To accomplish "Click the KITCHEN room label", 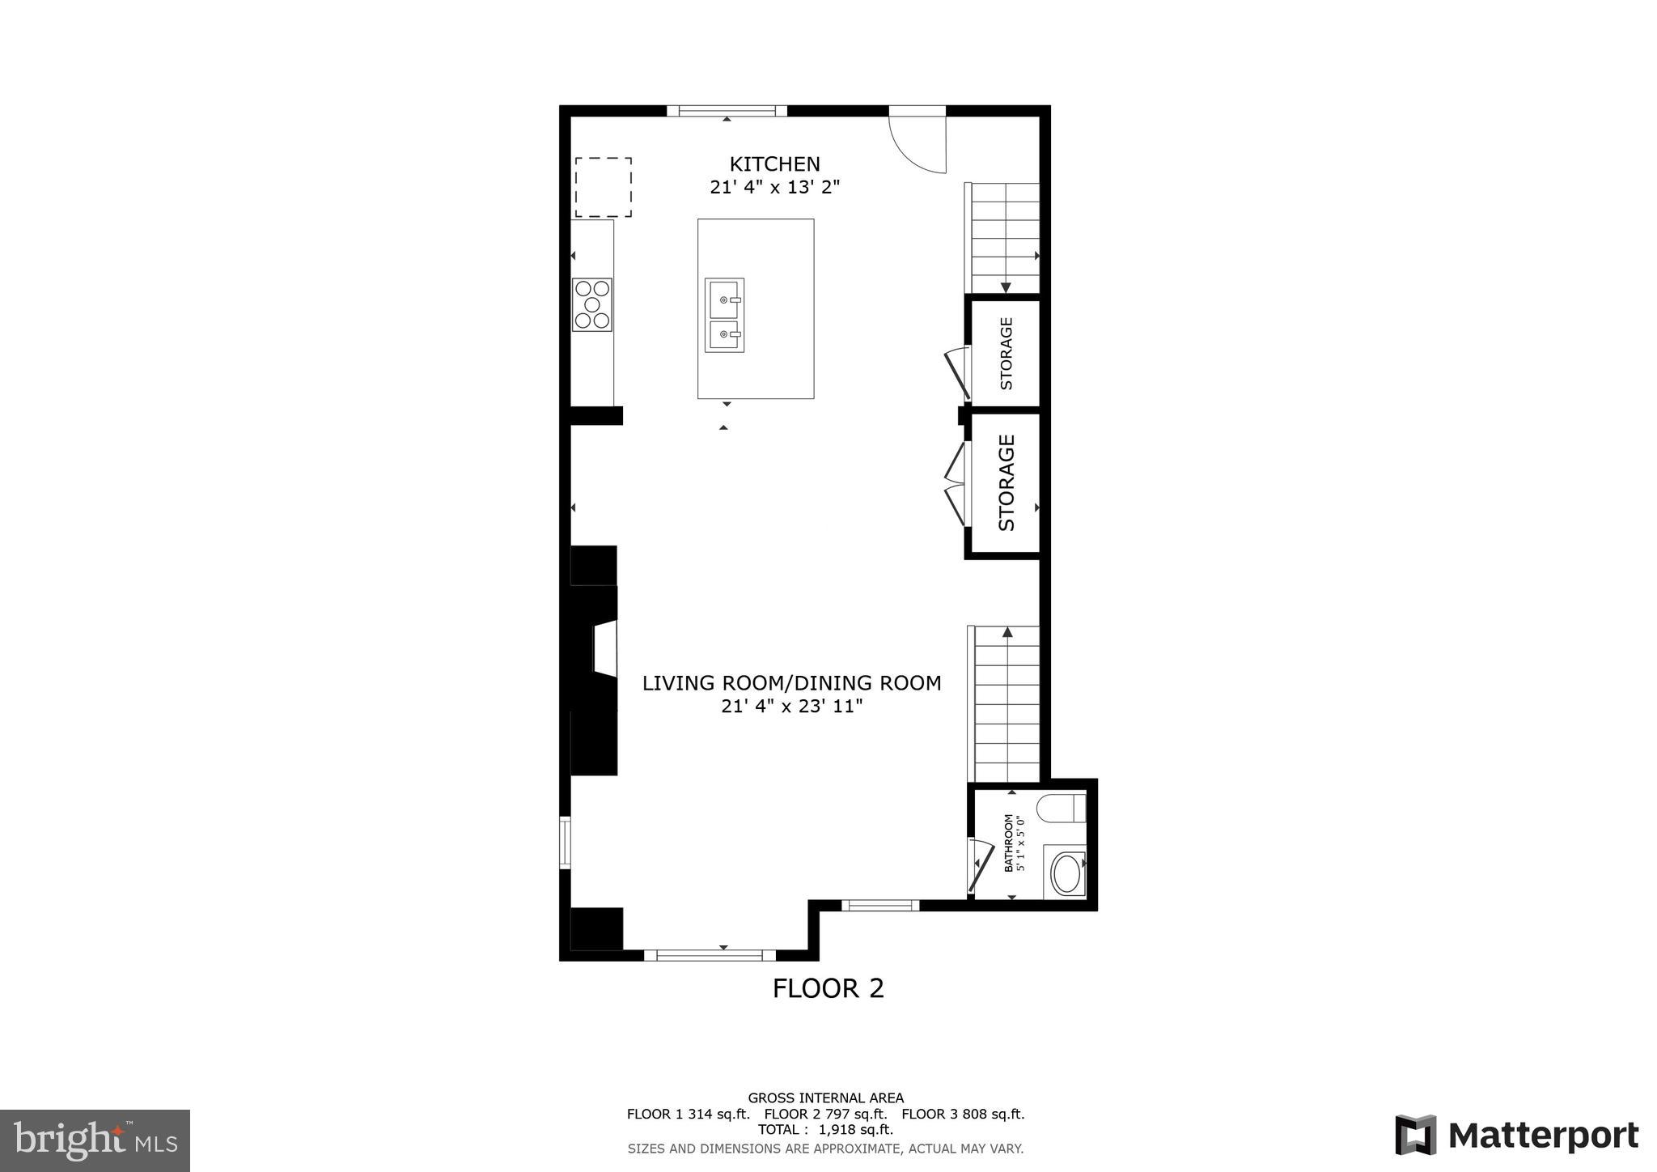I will point(774,164).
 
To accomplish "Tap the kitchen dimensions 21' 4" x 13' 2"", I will point(774,188).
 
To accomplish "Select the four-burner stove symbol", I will point(592,304).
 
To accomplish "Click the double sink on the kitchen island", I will point(724,316).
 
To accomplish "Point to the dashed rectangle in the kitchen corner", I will point(604,187).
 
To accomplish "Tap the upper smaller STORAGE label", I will point(1006,354).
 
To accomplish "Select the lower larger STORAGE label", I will point(1006,483).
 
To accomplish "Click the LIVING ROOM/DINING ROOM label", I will point(791,683).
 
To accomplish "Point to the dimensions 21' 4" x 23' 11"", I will point(791,707).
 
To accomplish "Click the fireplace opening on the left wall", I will point(605,648).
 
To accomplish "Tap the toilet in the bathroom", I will point(1062,809).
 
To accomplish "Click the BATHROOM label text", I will point(1009,843).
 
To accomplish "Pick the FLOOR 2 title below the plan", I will point(828,988).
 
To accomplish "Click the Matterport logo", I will point(1516,1135).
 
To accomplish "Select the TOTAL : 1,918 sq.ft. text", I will point(825,1130).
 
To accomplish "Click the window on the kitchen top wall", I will point(727,111).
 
